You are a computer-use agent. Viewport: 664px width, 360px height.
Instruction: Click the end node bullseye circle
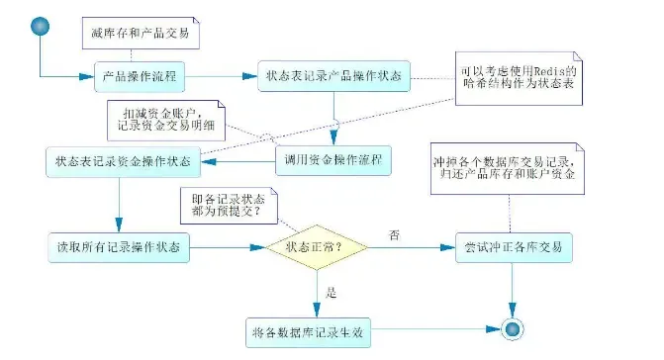click(511, 329)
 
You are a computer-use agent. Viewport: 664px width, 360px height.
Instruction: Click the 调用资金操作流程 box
click(332, 159)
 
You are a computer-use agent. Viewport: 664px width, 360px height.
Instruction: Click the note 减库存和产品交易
click(141, 34)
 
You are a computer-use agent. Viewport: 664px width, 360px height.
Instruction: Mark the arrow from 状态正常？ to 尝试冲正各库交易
click(411, 247)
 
